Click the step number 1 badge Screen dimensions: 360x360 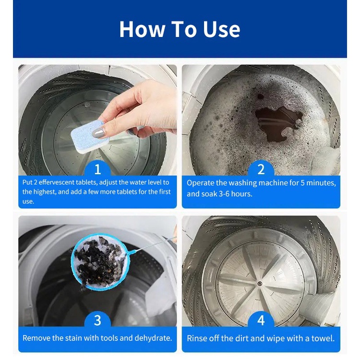pos(97,169)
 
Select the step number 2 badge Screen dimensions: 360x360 pos(261,169)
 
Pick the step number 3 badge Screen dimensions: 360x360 pos(97,320)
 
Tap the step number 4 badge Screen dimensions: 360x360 pos(261,320)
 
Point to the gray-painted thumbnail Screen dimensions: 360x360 pos(99,132)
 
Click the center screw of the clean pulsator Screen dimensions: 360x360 pos(260,284)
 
